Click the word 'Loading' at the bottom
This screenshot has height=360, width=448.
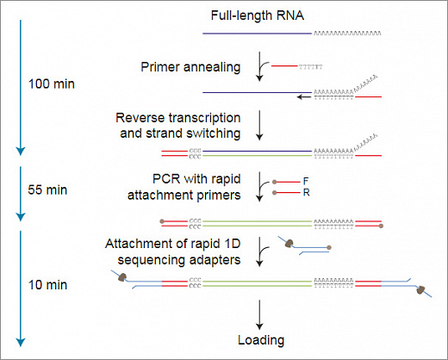[260, 340]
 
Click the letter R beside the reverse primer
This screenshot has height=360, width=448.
[305, 194]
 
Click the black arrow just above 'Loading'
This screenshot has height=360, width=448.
[259, 312]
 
